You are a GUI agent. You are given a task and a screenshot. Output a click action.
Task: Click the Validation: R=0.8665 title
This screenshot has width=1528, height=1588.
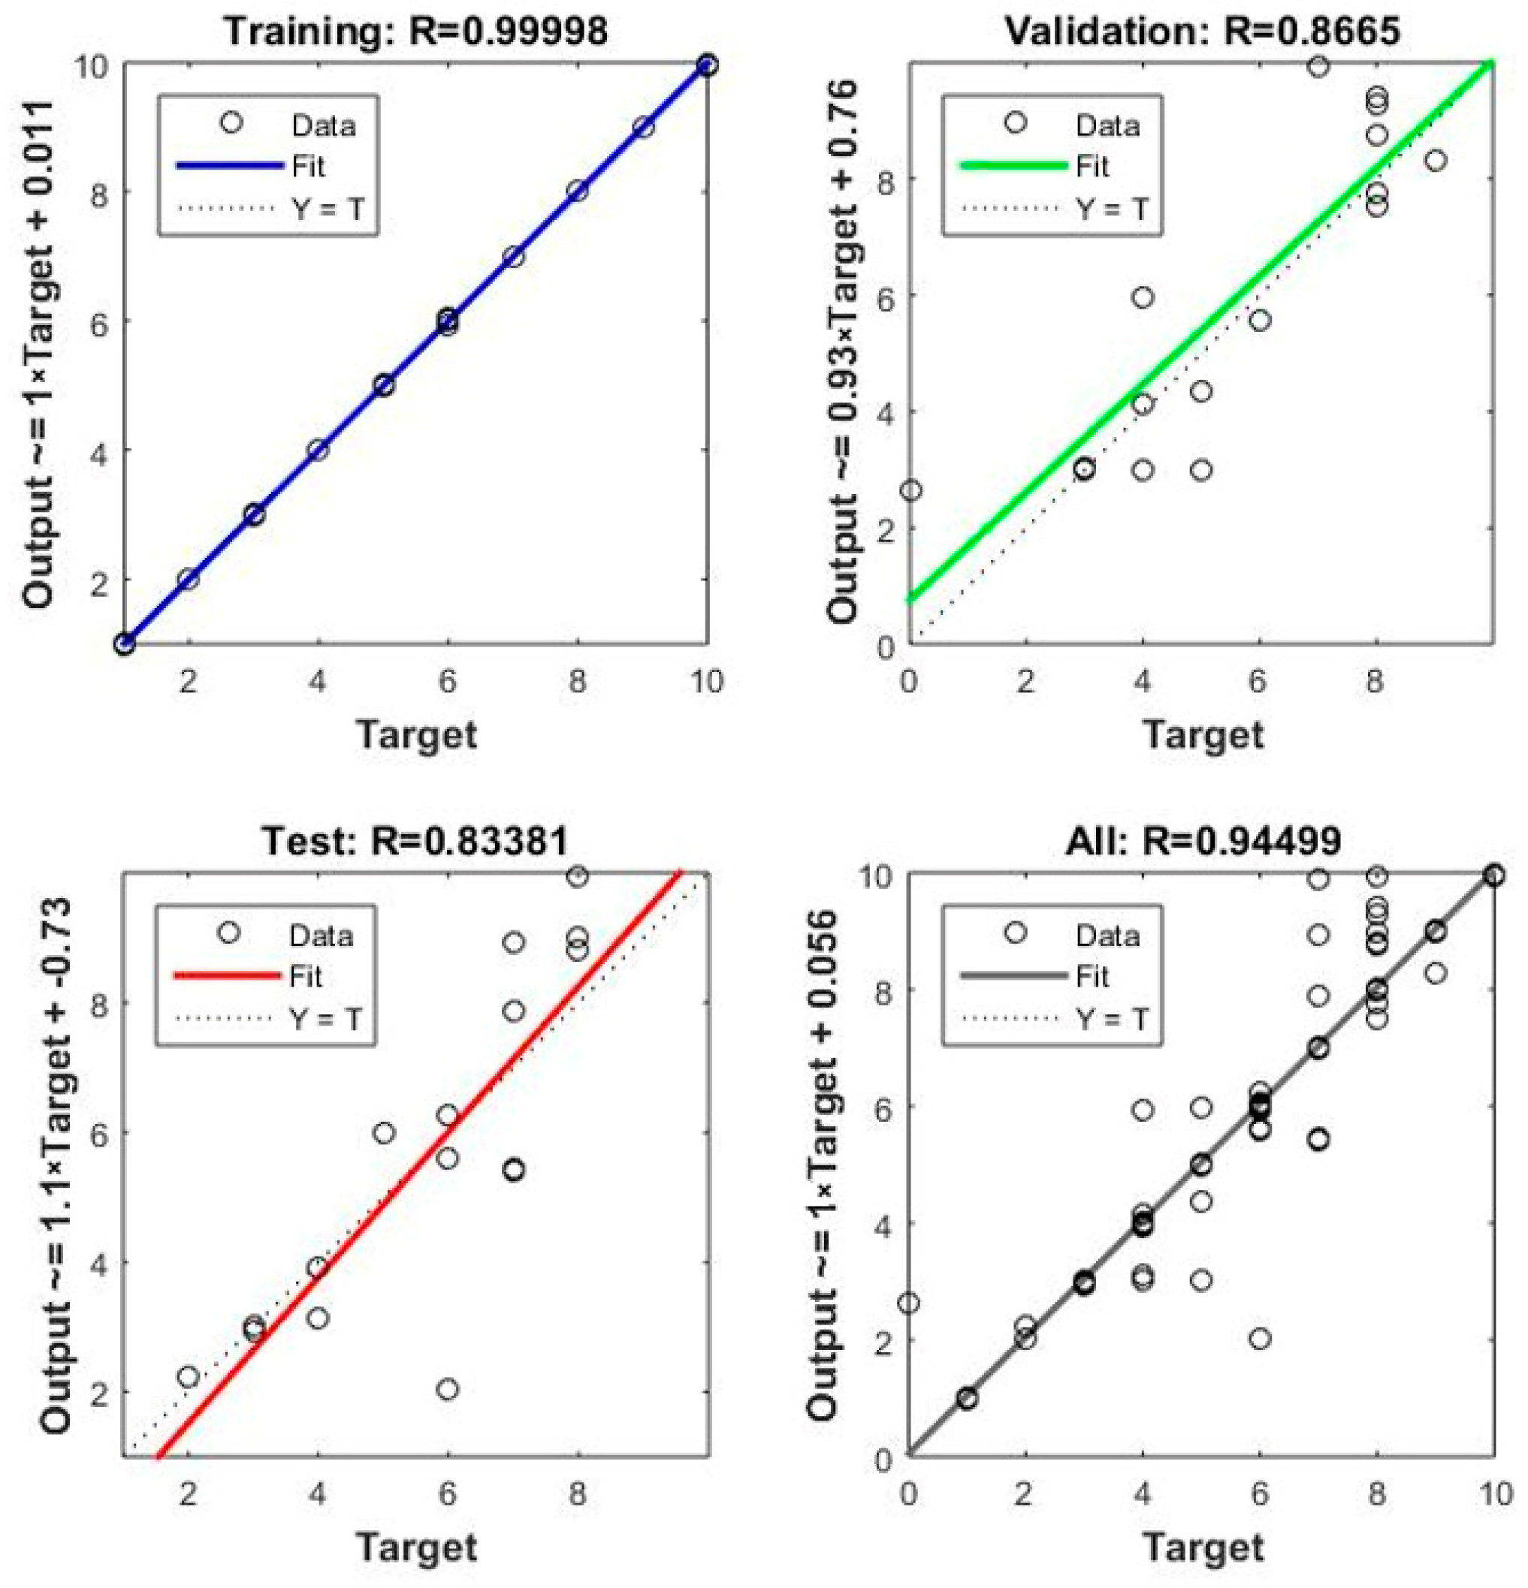1202,30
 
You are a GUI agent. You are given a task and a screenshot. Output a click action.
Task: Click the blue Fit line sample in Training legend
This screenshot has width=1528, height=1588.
229,166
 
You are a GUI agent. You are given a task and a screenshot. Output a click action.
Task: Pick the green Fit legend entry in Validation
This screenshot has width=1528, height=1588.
1014,166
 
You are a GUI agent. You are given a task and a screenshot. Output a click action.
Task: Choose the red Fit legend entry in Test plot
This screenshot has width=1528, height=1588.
228,976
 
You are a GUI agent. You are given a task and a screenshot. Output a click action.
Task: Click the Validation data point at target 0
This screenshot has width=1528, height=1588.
911,490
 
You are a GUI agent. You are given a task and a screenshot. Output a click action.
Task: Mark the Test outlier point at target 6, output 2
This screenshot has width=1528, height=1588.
448,1390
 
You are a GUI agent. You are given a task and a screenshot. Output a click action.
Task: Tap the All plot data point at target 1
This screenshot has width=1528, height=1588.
967,1398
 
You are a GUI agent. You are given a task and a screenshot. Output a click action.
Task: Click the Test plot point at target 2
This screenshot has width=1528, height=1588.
188,1376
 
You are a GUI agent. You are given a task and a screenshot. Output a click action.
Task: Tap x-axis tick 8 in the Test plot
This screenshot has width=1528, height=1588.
576,1493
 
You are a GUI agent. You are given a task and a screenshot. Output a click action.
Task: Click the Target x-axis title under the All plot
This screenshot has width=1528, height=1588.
1202,1547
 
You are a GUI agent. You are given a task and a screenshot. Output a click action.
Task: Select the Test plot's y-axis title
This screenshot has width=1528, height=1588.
55,1167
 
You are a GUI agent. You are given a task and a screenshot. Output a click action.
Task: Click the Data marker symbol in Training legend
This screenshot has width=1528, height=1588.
232,122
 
